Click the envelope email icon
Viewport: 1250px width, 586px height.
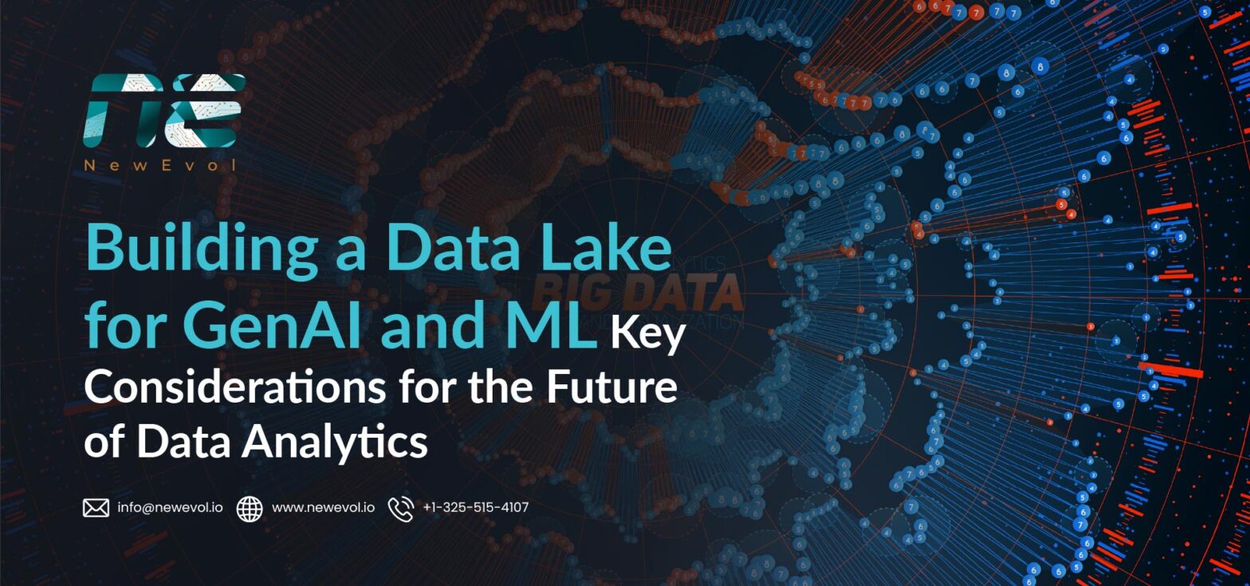tap(96, 508)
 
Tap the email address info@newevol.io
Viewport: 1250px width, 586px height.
tap(170, 507)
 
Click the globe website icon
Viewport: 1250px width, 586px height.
tap(250, 508)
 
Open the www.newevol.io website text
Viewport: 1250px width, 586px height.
tap(323, 507)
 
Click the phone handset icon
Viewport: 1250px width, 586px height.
tap(400, 508)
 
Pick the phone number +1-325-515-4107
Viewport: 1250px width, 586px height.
tap(475, 507)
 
